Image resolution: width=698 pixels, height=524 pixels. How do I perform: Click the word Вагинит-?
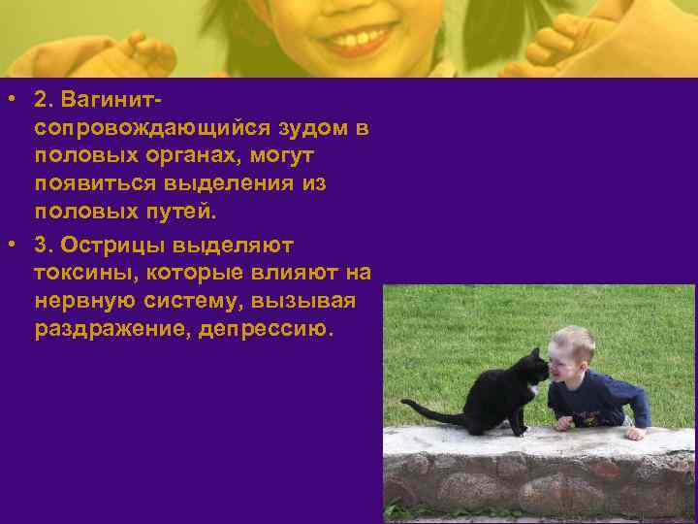[x=111, y=100]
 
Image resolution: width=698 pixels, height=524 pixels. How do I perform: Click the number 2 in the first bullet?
[x=41, y=100]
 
